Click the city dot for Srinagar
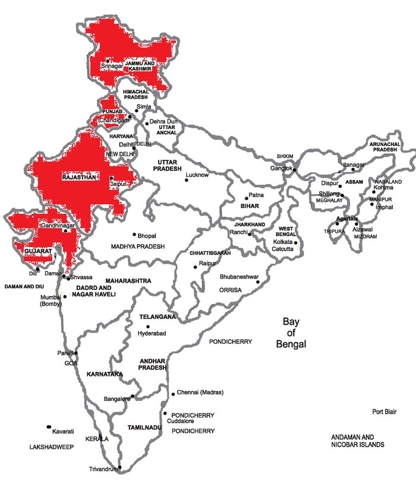tap(108, 61)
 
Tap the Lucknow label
tap(197, 175)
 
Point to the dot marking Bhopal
tap(134, 234)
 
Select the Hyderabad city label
tap(152, 334)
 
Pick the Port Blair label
tap(384, 412)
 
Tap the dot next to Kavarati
tap(48, 426)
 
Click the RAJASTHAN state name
tap(78, 177)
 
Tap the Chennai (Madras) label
tap(199, 393)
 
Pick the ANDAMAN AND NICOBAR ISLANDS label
tap(358, 440)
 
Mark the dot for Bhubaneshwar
tap(257, 282)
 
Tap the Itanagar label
tap(352, 163)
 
